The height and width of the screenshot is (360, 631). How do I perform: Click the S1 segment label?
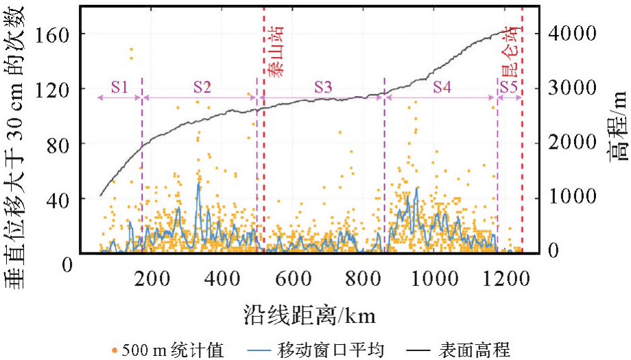(x=120, y=87)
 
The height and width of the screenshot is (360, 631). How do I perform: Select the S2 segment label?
(x=202, y=87)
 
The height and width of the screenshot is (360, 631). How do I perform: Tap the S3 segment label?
(x=324, y=87)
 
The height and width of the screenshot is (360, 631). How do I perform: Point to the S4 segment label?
(x=442, y=87)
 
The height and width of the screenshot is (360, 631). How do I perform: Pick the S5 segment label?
(x=509, y=87)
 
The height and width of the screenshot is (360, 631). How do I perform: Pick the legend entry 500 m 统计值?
(x=167, y=349)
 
